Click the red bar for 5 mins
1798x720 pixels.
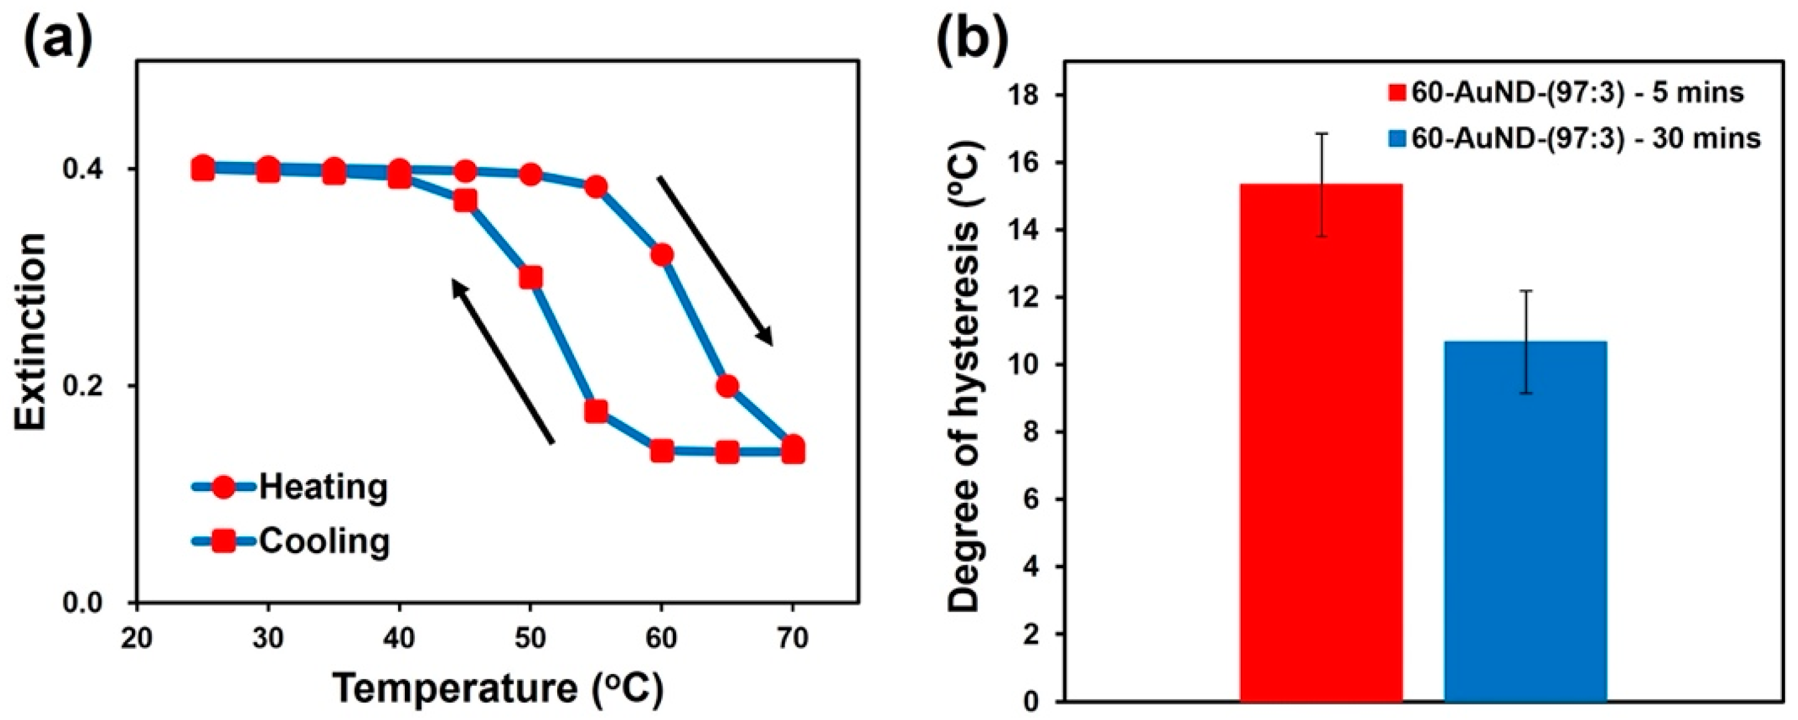click(x=1321, y=454)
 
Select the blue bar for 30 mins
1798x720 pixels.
click(x=1526, y=531)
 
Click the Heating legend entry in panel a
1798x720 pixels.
click(x=290, y=487)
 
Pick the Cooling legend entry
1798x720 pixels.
click(x=290, y=541)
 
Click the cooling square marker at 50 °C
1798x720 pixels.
click(x=531, y=278)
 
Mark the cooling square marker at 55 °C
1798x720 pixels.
click(x=595, y=411)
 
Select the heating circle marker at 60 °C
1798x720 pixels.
click(x=662, y=255)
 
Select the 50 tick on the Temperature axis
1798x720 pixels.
click(x=531, y=638)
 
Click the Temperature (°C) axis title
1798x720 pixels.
click(x=496, y=690)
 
